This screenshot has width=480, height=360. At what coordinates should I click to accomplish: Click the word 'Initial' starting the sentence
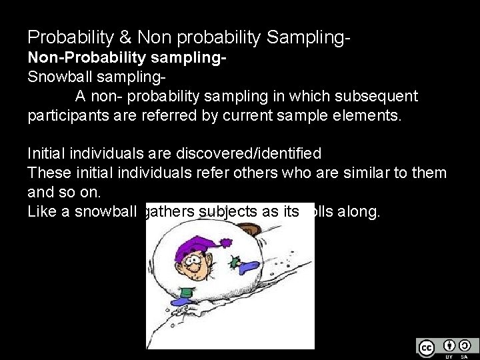point(49,154)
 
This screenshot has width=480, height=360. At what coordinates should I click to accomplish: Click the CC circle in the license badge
point(426,347)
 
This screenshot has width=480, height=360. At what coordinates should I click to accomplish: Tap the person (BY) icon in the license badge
point(449,345)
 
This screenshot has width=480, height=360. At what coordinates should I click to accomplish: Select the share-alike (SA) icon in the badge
point(465,345)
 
